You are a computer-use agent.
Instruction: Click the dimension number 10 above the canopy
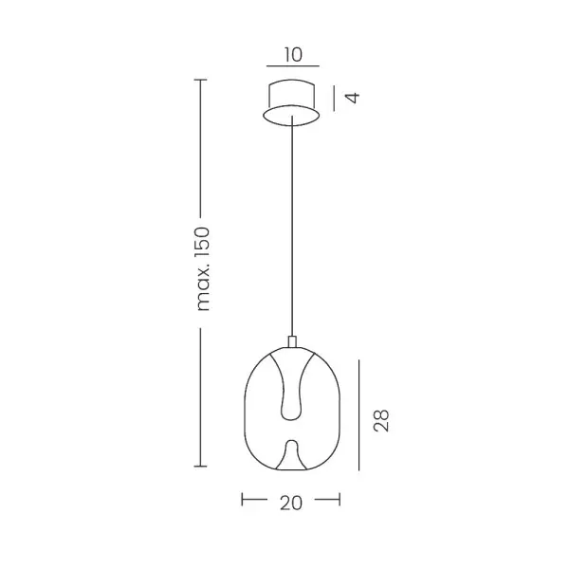293,55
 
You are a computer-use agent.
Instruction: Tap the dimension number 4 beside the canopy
353,98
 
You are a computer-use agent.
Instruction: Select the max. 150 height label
203,269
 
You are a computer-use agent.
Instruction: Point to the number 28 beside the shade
381,420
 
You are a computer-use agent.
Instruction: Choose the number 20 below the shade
291,503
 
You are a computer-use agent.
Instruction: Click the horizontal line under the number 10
293,66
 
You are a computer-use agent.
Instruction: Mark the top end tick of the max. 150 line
201,80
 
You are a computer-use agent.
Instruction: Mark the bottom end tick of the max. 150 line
201,466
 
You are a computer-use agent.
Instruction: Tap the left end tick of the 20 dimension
243,500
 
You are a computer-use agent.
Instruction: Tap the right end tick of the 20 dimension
340,500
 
